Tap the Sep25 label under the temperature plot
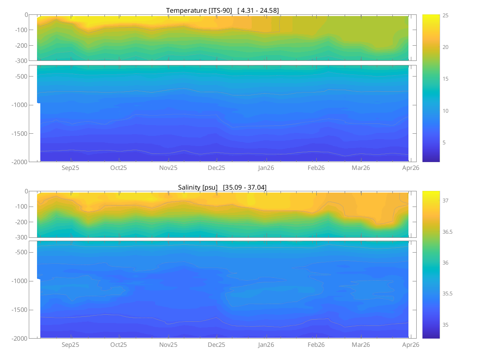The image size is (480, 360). point(70,168)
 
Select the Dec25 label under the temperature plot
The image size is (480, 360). point(216,168)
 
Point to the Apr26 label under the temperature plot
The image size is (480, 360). point(410,168)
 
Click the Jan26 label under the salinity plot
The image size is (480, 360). point(266,345)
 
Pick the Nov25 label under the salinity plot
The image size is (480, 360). point(168,345)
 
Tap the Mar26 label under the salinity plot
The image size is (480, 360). point(361,345)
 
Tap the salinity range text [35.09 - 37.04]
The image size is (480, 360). point(245,187)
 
